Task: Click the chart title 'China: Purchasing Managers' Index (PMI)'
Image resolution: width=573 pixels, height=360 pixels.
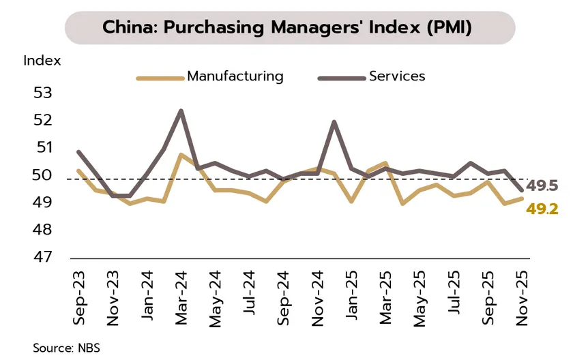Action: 286,27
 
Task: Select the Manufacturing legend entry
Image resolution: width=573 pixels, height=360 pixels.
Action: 235,76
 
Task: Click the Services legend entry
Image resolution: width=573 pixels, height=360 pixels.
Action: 397,76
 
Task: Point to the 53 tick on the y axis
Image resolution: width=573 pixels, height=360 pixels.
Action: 42,92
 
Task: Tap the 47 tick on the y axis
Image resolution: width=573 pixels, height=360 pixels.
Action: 42,258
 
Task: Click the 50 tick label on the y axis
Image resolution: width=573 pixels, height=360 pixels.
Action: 42,175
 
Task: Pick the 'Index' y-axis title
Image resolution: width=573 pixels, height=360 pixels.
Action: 42,60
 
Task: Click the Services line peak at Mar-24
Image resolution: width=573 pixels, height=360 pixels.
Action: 181,110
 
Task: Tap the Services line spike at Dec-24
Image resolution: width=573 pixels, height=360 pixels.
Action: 334,122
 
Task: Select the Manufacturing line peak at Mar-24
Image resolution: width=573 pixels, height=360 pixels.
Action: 181,155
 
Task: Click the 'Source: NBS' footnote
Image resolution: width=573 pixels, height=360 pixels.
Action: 66,348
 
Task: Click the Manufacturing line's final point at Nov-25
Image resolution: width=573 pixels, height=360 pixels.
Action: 522,198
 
